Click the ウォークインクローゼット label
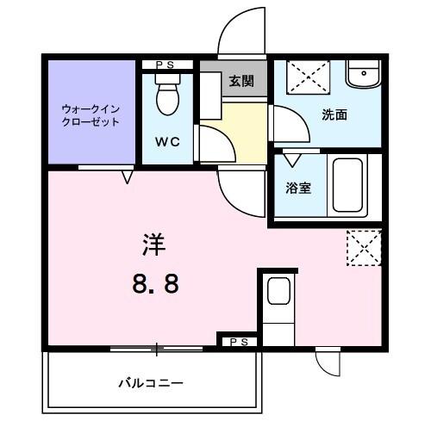click(91, 114)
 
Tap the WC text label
click(167, 143)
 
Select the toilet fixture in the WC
click(167, 96)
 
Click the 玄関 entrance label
click(241, 82)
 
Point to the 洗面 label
click(334, 115)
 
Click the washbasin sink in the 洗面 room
click(363, 76)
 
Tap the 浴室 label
click(299, 186)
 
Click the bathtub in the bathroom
click(349, 186)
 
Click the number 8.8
click(155, 282)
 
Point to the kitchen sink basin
click(278, 293)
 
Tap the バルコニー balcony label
click(151, 383)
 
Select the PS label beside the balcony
click(237, 342)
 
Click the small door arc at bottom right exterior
click(328, 362)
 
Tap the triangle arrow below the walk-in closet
click(128, 177)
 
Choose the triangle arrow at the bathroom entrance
click(292, 159)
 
